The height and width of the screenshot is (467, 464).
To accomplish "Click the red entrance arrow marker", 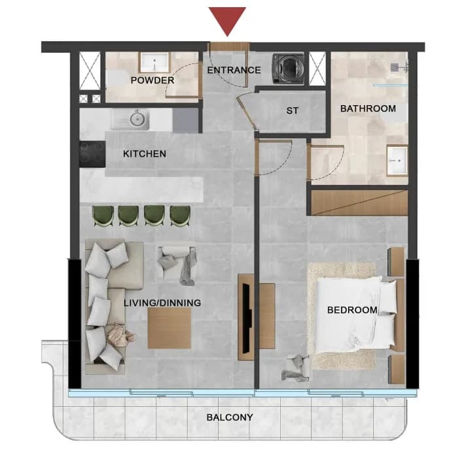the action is tap(227, 20).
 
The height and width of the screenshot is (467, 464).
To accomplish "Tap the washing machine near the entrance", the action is tap(288, 69).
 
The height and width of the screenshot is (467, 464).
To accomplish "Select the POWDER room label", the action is tap(152, 80).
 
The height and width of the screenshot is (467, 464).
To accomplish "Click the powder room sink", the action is tap(154, 63).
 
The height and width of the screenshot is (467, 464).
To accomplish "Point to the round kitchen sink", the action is tap(137, 119).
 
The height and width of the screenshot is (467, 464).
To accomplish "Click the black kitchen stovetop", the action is tap(92, 154).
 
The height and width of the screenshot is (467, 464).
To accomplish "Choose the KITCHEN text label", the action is tap(145, 153).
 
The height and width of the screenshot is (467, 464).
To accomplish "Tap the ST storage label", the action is tap(292, 111).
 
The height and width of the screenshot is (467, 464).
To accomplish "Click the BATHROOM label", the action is tap(368, 108).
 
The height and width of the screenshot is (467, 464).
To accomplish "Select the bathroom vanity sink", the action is tap(397, 161).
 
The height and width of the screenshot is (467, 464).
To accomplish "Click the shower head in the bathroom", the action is tap(395, 67).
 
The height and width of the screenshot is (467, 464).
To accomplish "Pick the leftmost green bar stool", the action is tap(103, 216).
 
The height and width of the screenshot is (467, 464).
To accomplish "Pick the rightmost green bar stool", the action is tap(180, 216).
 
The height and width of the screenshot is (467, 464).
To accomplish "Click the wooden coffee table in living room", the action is tap(170, 329).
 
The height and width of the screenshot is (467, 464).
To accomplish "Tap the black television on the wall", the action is tap(247, 318).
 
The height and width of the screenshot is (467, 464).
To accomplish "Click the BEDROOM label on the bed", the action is tap(352, 310).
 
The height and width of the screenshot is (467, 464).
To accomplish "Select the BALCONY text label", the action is tap(230, 417).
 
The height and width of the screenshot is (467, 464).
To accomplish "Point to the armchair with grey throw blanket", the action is tap(177, 265).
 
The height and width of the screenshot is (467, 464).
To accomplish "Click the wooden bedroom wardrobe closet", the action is tap(359, 203).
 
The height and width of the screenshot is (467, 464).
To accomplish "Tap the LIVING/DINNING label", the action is tap(162, 303).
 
